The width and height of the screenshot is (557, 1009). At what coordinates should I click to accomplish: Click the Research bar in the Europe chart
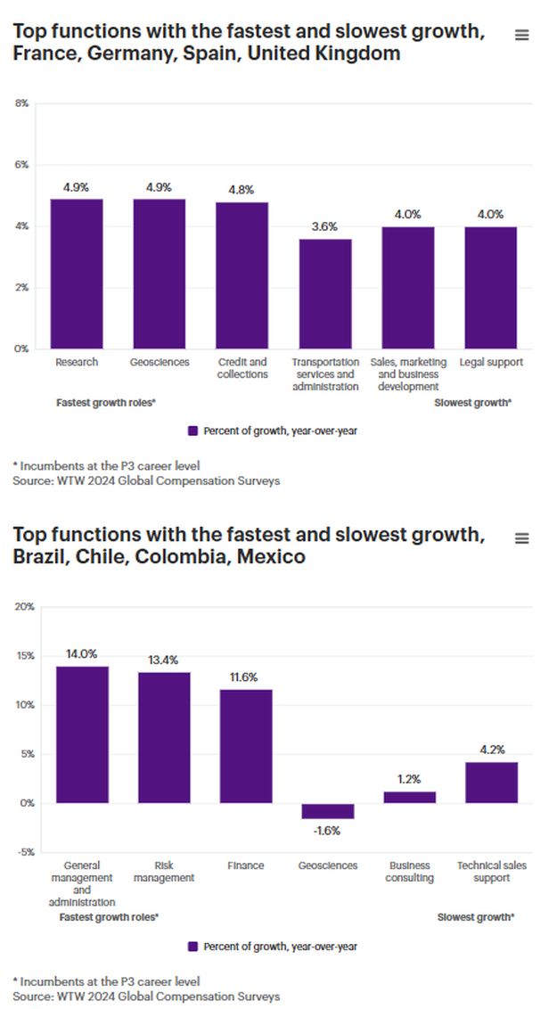(77, 274)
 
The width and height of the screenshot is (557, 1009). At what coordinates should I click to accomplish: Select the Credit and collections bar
(242, 275)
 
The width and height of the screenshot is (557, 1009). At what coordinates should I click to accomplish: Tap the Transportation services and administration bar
(324, 294)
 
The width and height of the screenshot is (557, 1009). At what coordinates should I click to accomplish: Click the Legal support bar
(490, 287)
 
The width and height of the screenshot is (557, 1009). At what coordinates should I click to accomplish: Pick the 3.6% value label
(324, 227)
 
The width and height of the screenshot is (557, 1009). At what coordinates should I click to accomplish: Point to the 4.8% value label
(242, 190)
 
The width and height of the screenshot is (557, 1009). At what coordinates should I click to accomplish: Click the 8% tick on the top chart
(22, 103)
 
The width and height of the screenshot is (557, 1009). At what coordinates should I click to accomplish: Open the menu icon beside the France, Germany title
(522, 35)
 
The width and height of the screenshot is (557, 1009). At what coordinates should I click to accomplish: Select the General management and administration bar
(82, 734)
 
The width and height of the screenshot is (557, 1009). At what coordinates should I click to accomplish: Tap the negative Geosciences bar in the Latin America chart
(328, 811)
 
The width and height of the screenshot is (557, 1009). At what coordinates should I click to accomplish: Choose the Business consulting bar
(410, 797)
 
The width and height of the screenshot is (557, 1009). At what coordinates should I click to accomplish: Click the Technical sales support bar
(491, 783)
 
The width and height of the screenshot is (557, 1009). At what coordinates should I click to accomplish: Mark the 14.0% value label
(82, 653)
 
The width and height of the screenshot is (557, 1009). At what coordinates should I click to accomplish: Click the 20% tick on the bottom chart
(25, 607)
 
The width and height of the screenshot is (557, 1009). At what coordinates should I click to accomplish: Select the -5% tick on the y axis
(25, 852)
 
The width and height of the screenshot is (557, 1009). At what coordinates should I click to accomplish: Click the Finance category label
(246, 865)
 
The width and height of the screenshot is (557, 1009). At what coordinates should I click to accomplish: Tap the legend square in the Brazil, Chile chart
(192, 947)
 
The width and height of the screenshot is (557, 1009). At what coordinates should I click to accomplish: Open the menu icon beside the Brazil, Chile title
(522, 538)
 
